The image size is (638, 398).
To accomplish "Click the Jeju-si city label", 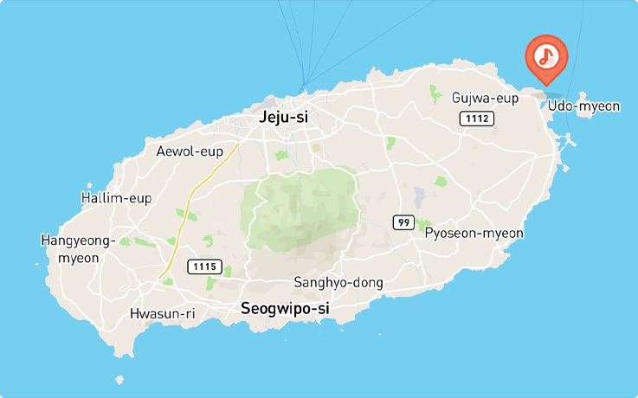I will pyautogui.click(x=284, y=118).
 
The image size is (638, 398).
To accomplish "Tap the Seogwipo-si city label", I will pyautogui.click(x=285, y=308).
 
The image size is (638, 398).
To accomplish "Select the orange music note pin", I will pyautogui.click(x=545, y=57).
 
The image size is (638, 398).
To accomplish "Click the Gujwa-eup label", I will pyautogui.click(x=485, y=98).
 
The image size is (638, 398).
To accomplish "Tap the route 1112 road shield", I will pyautogui.click(x=476, y=118).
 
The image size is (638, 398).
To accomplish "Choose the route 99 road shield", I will pyautogui.click(x=403, y=222).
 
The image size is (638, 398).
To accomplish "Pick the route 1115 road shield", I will pyautogui.click(x=206, y=266).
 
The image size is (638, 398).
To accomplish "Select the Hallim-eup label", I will pyautogui.click(x=116, y=198).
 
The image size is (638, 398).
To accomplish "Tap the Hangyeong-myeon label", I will pyautogui.click(x=78, y=248).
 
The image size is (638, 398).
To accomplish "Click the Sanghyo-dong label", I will pyautogui.click(x=338, y=283).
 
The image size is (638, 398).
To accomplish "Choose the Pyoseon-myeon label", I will pyautogui.click(x=474, y=233).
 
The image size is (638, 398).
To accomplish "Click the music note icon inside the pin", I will pyautogui.click(x=545, y=56).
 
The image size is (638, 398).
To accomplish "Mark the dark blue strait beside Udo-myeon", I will pyautogui.click(x=551, y=97).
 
